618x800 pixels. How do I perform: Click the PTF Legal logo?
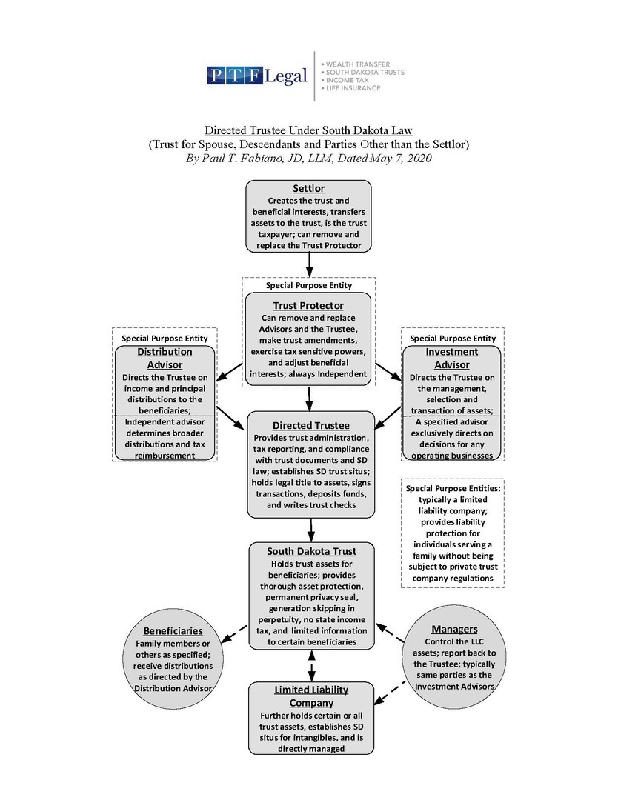coord(257,76)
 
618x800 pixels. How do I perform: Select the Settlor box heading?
coord(308,189)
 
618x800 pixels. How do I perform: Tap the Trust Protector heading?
coord(308,305)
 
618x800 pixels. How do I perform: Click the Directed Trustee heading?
coord(310,425)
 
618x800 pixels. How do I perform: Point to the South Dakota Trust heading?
coord(311,551)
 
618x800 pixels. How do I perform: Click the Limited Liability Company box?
coord(311,718)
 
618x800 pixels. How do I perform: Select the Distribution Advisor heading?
coord(165,358)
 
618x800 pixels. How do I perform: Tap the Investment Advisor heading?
coord(451,358)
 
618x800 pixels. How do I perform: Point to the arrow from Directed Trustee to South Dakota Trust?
coord(311,529)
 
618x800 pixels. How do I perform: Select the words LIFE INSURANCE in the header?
coord(351,88)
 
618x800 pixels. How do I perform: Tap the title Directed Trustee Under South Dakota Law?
coord(308,130)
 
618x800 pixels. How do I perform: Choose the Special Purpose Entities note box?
coord(452,533)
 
